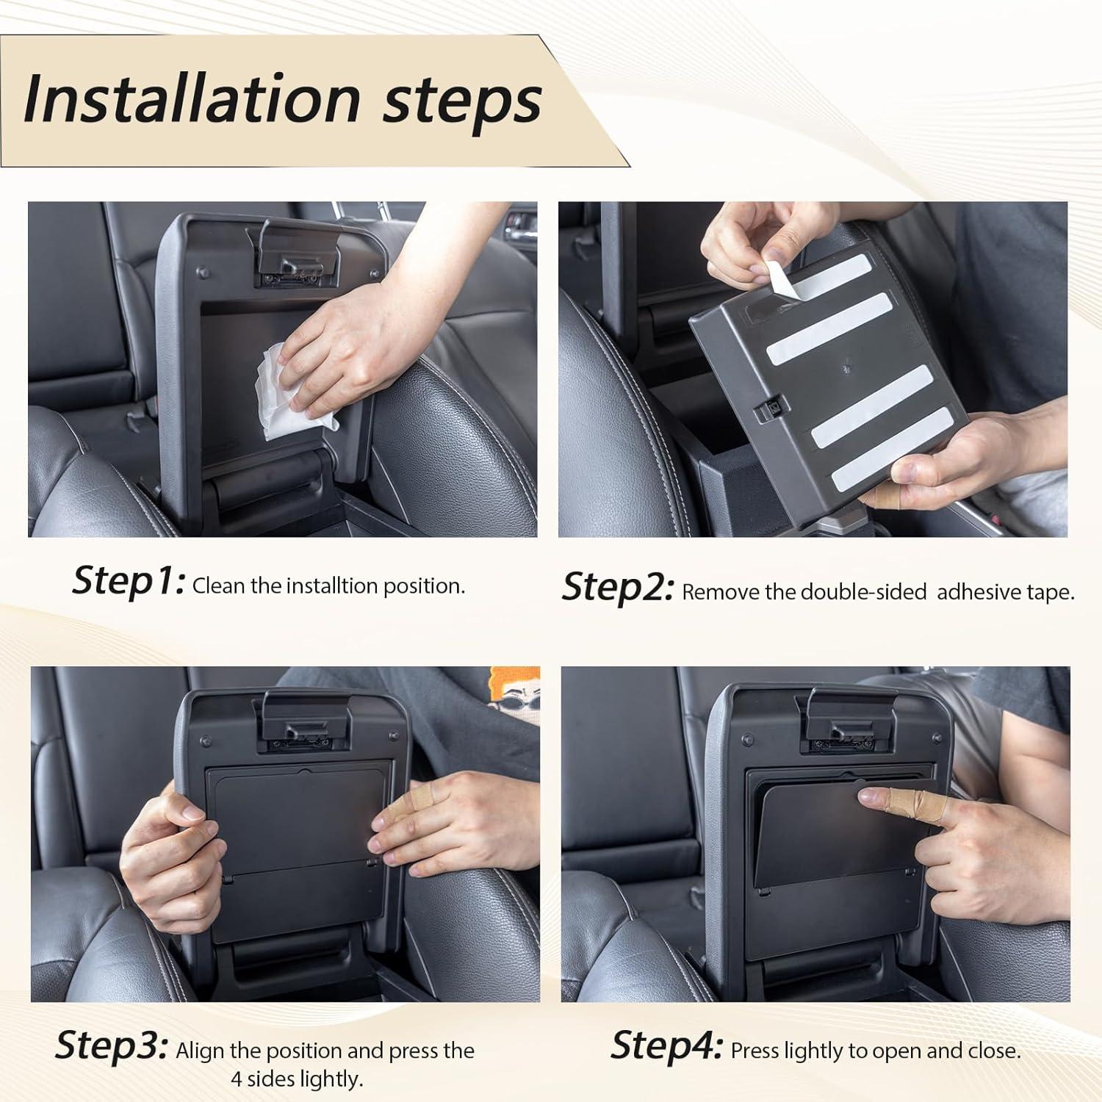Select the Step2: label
[x=618, y=587]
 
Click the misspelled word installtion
[x=331, y=586]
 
